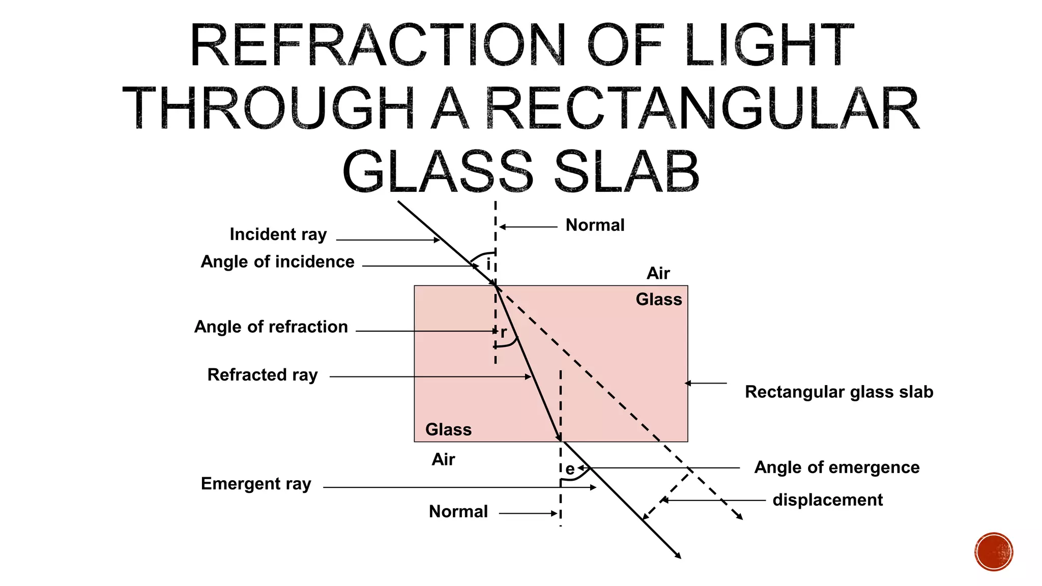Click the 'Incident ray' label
pyautogui.click(x=278, y=235)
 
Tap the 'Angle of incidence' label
pyautogui.click(x=277, y=262)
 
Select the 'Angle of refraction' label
pyautogui.click(x=271, y=327)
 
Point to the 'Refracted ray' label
pyautogui.click(x=263, y=375)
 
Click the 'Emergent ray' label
pyautogui.click(x=256, y=484)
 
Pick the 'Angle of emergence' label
pyautogui.click(x=837, y=467)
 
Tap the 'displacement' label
pyautogui.click(x=827, y=500)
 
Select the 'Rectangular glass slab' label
pyautogui.click(x=839, y=392)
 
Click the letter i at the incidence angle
pyautogui.click(x=488, y=264)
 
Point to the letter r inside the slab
pyautogui.click(x=504, y=333)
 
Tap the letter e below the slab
pyautogui.click(x=570, y=469)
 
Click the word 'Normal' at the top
pyautogui.click(x=595, y=225)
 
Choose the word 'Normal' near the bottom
pyautogui.click(x=458, y=512)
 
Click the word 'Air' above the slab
pyautogui.click(x=658, y=274)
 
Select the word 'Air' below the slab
pyautogui.click(x=443, y=460)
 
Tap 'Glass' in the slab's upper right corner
pyautogui.click(x=659, y=300)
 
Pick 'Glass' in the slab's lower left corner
pyautogui.click(x=448, y=430)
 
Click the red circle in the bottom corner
pyautogui.click(x=994, y=552)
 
